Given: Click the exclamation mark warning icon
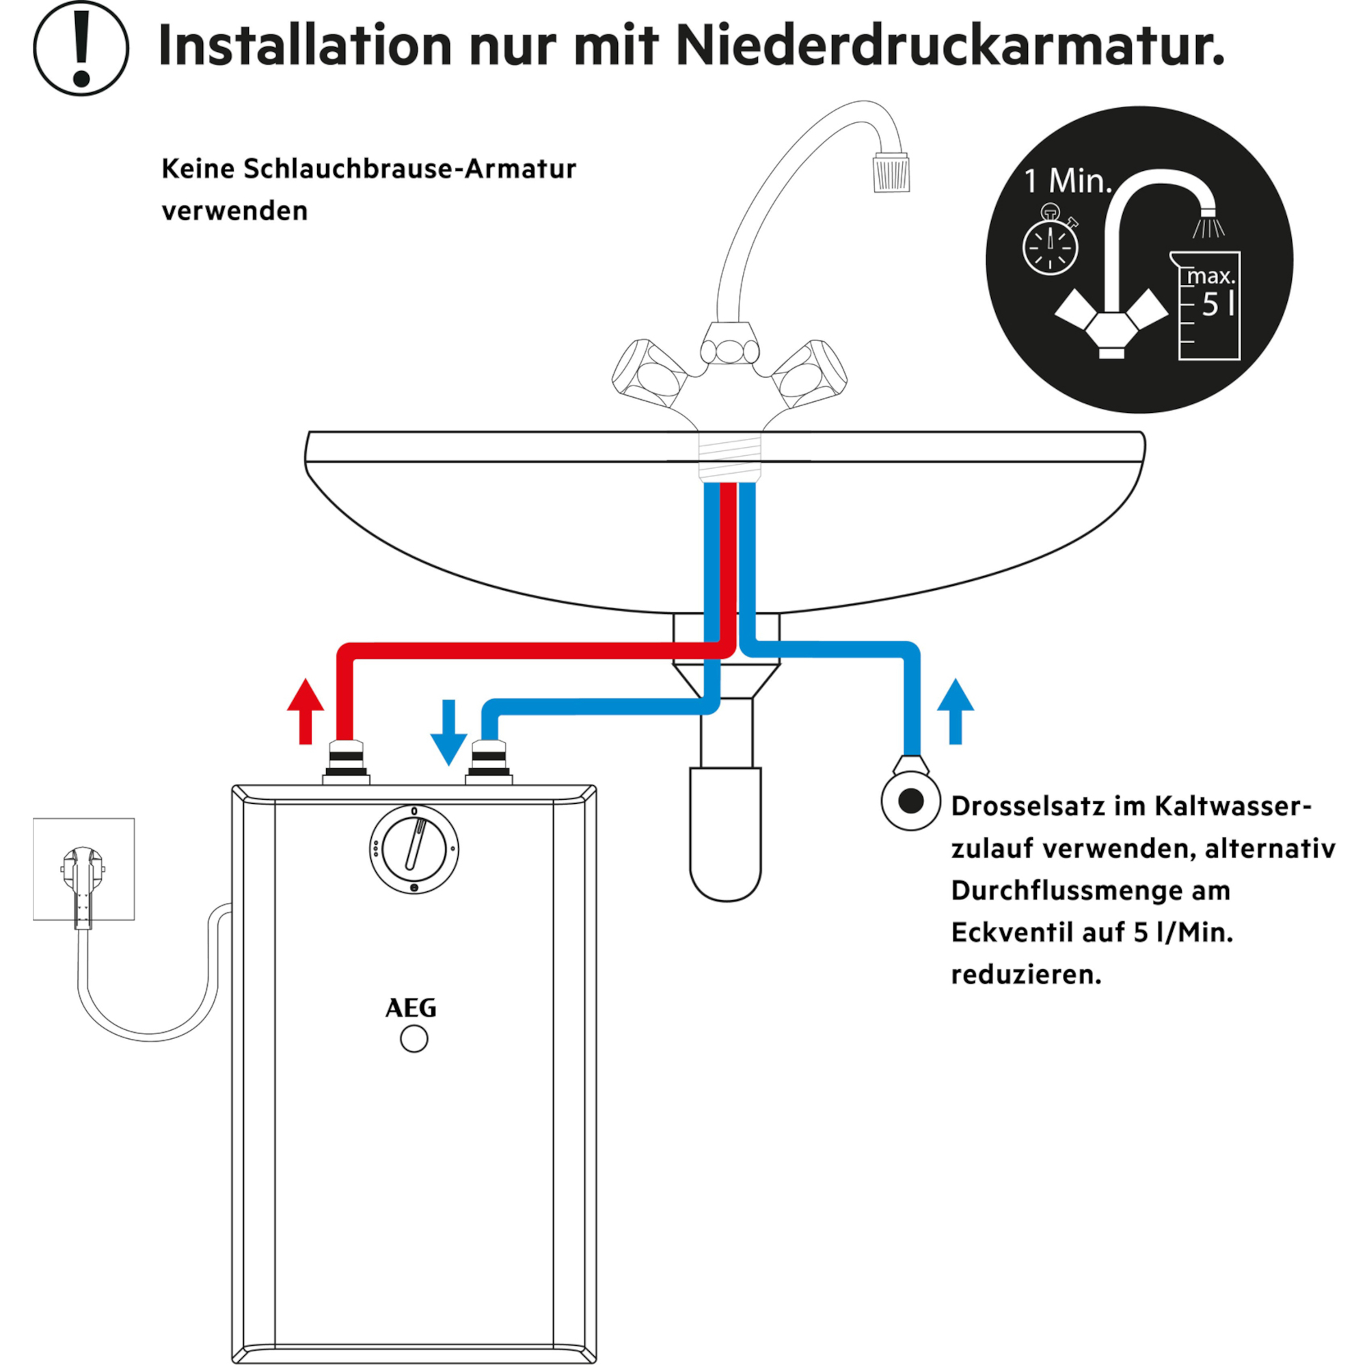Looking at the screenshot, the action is coord(81,48).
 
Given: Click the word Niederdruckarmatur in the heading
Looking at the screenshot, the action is coord(950,44).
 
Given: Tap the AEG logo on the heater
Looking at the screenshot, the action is coord(411,1008).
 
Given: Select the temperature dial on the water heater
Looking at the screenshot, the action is coord(414,849).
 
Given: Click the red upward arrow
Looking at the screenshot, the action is coord(306,711).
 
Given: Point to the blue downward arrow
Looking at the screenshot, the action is coord(448,732).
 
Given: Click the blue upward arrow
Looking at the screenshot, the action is coord(956,711).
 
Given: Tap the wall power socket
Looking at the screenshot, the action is coord(83,869).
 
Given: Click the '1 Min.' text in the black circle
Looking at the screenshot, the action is coord(1068,181).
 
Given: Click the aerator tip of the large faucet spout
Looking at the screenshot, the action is coord(891,172).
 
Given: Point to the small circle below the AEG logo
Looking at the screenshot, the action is coord(414,1040).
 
